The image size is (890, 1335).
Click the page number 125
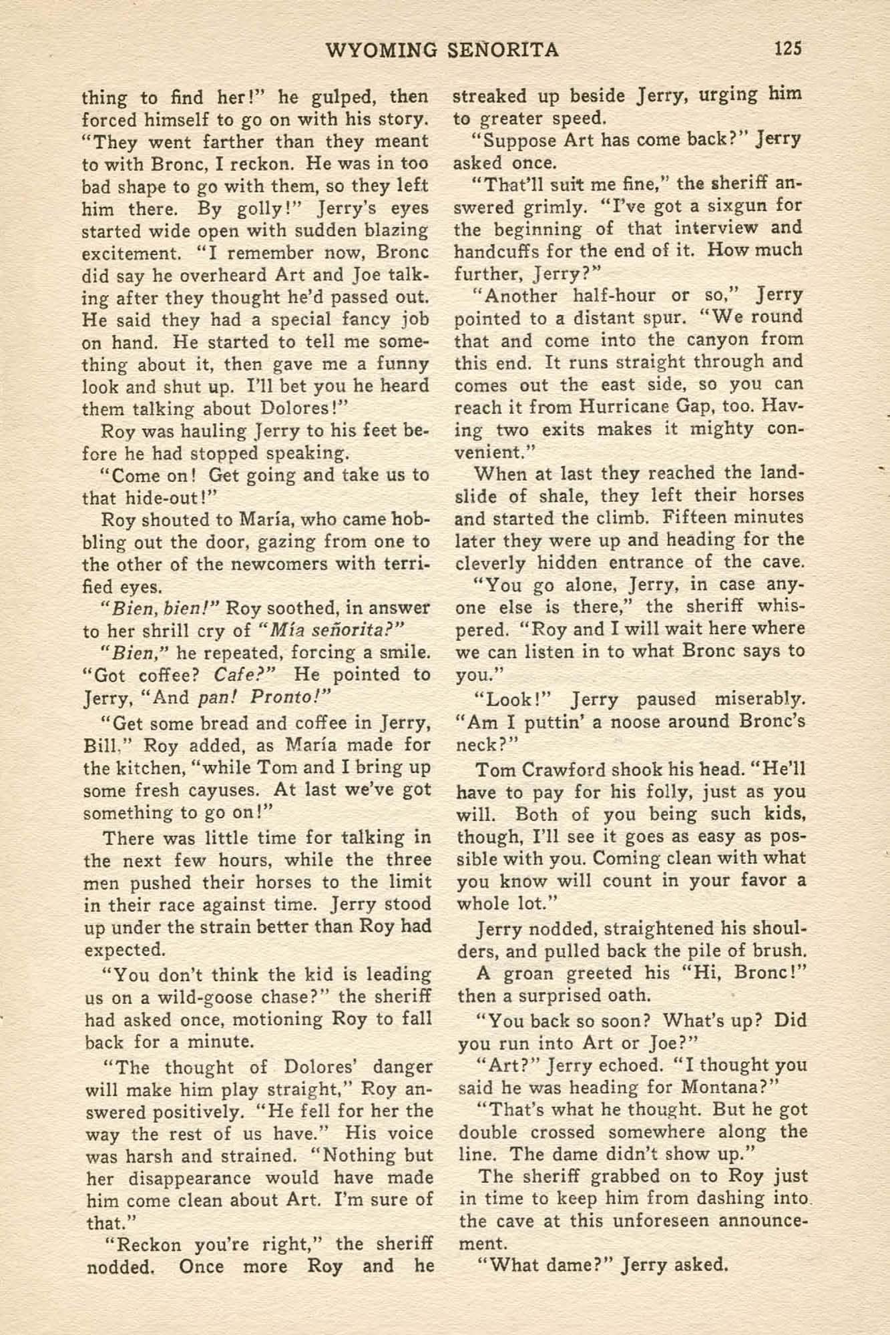point(788,49)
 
